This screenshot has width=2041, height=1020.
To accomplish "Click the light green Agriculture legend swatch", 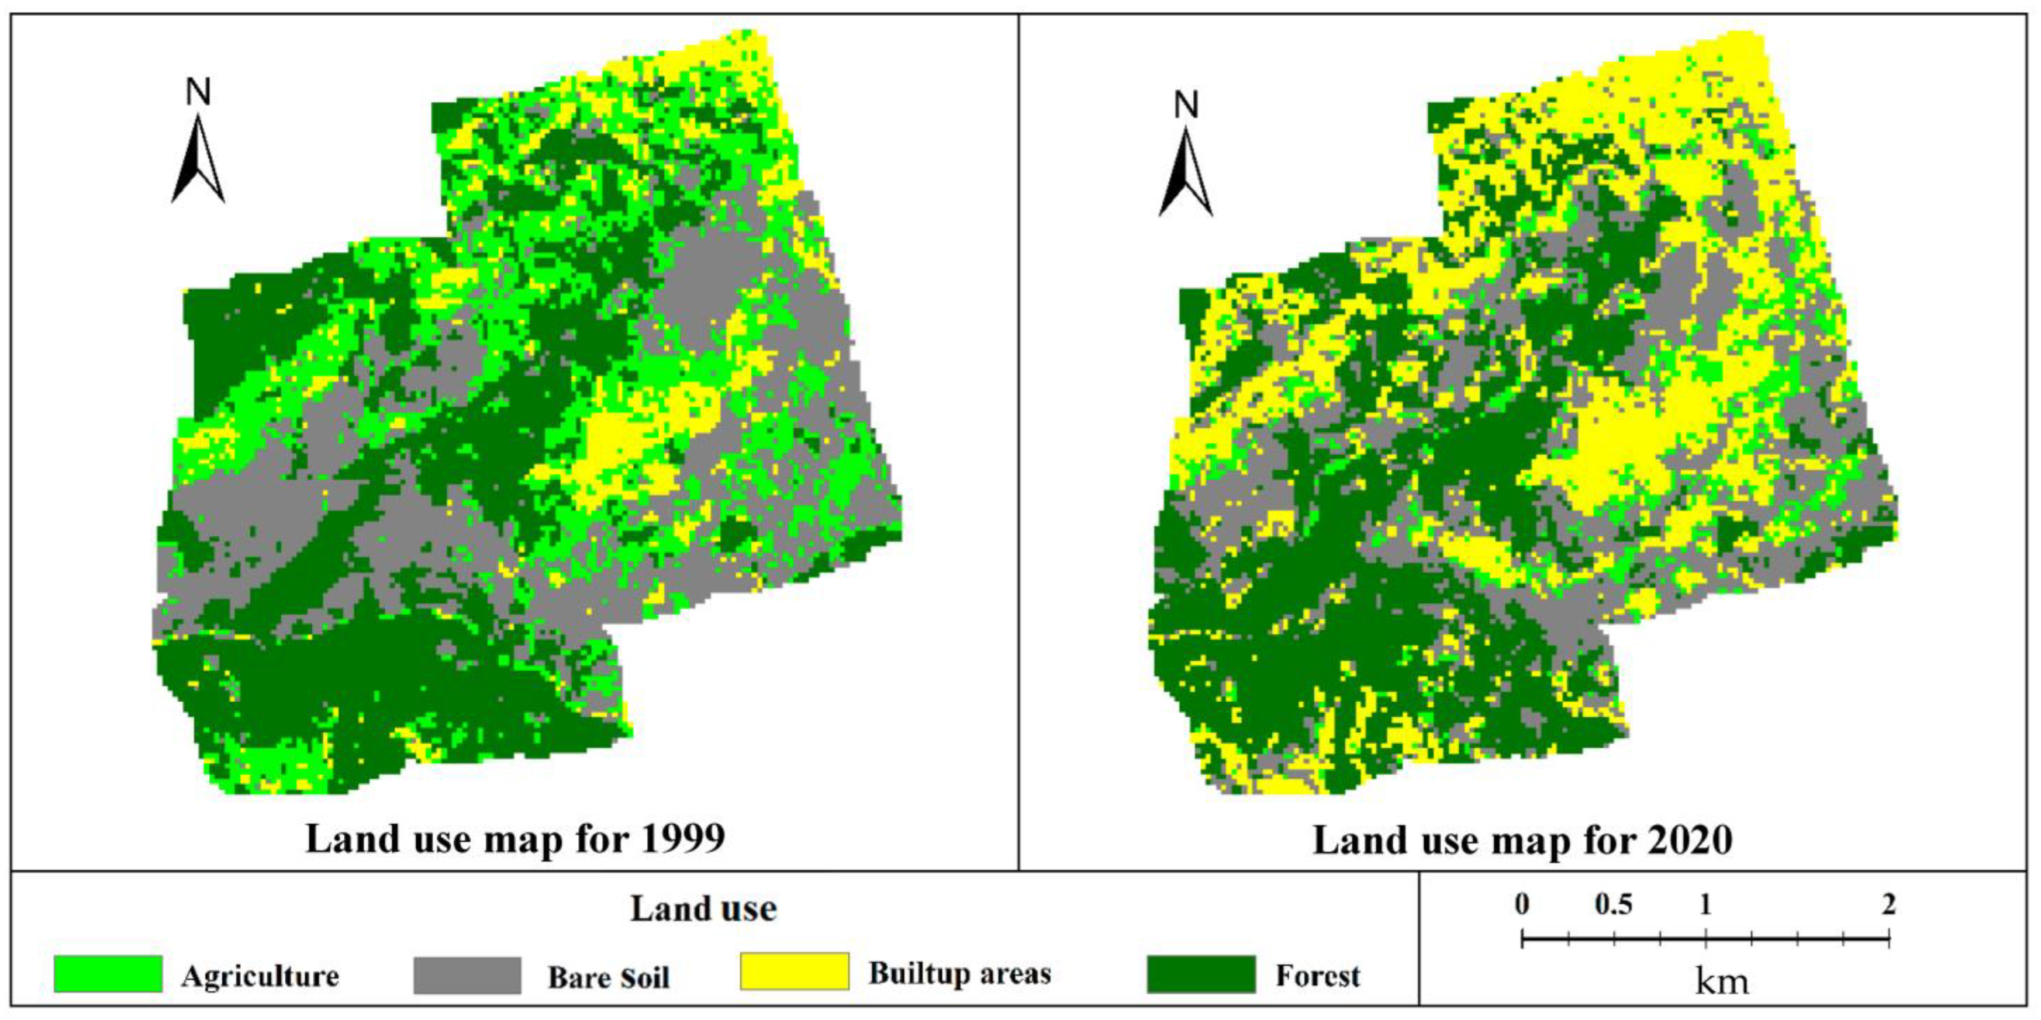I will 108,974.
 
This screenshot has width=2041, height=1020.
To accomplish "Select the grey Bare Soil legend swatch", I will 468,975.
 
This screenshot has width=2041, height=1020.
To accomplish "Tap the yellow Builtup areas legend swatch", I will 794,972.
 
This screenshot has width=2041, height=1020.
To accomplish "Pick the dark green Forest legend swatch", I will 1201,974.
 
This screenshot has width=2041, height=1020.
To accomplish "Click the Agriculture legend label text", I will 260,976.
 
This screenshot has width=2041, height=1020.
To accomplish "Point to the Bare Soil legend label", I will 609,977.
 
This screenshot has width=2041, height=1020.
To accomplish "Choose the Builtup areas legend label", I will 959,973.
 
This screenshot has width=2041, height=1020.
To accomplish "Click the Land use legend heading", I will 703,909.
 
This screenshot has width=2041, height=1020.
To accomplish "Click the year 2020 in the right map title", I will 1690,840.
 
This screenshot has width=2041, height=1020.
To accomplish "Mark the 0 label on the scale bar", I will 1522,904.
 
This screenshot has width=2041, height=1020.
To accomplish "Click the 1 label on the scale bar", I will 1705,904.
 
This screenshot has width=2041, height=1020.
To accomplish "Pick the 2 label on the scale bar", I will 1889,904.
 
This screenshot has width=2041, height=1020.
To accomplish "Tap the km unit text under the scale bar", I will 1721,982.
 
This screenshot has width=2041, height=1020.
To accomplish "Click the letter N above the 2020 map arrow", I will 1186,105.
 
